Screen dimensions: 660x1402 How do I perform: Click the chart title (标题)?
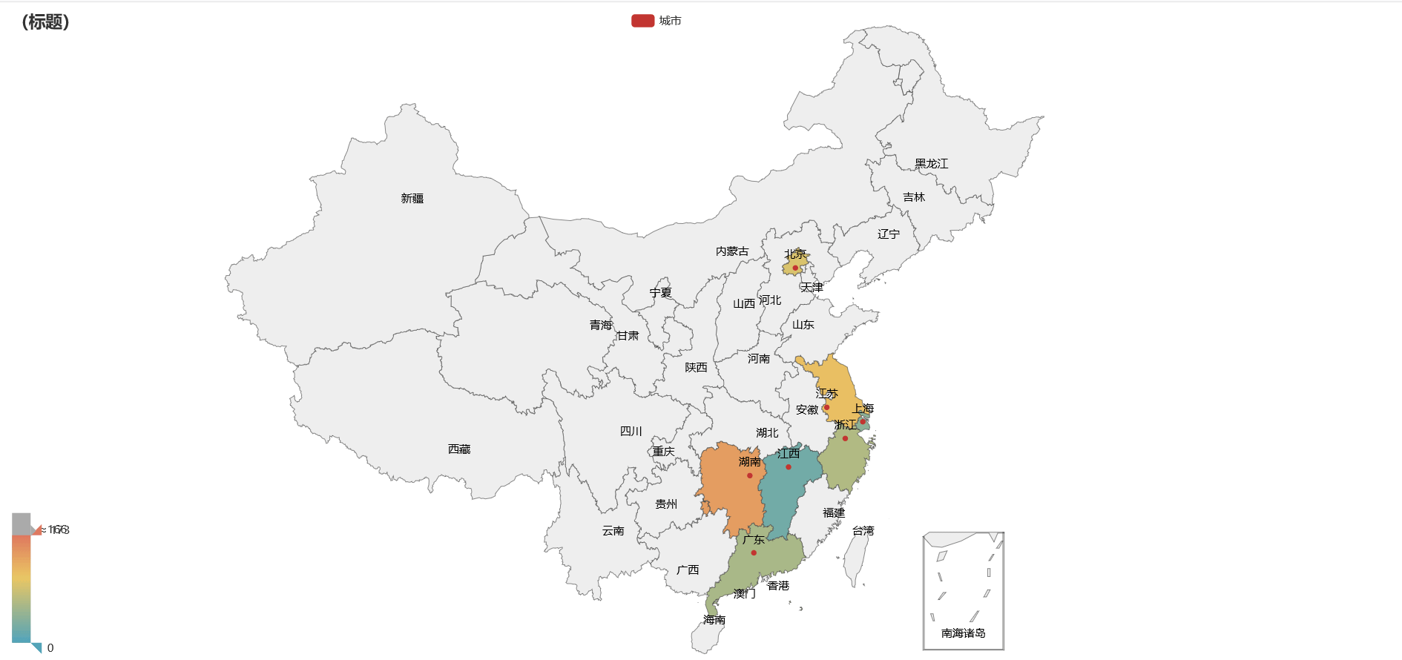coord(45,22)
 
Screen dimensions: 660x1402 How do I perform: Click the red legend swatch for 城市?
coord(642,21)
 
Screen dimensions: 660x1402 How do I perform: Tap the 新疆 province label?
coord(412,198)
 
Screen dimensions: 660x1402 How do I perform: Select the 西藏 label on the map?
coord(459,449)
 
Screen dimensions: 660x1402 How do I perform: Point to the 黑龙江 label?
coord(931,163)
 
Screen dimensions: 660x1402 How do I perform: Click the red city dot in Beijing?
coord(795,268)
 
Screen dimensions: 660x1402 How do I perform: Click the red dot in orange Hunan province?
coord(749,475)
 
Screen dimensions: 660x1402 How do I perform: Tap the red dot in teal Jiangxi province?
coord(788,466)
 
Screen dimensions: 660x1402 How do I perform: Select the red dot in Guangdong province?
coord(754,552)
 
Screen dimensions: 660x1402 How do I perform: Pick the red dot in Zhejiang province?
coord(845,438)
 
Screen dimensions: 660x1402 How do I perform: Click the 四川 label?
coord(631,431)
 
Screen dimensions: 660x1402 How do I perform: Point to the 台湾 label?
coord(863,530)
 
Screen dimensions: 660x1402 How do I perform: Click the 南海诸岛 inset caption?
coord(963,633)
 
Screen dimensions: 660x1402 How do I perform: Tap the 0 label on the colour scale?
coord(50,647)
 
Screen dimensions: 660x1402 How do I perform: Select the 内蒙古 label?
coord(732,251)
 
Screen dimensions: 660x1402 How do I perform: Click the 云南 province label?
coord(613,530)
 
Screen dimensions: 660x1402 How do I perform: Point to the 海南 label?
coord(714,619)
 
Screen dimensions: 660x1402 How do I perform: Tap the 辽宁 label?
coord(888,234)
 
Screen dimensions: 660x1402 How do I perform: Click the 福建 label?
coord(834,512)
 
